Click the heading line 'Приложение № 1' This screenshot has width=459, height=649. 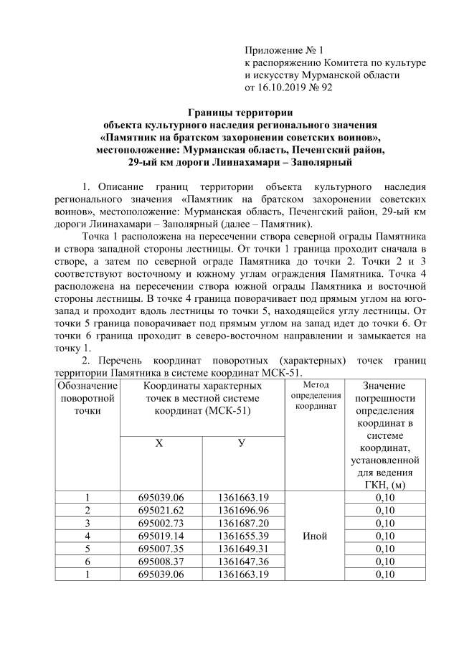tap(285, 50)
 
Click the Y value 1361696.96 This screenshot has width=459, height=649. tap(244, 509)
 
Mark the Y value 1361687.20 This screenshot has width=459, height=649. tap(244, 522)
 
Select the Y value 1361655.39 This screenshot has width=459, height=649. tap(244, 535)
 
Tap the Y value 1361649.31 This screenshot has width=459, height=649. tap(244, 548)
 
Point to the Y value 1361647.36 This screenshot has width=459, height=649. tap(244, 561)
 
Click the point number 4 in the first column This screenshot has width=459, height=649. tap(87, 535)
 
